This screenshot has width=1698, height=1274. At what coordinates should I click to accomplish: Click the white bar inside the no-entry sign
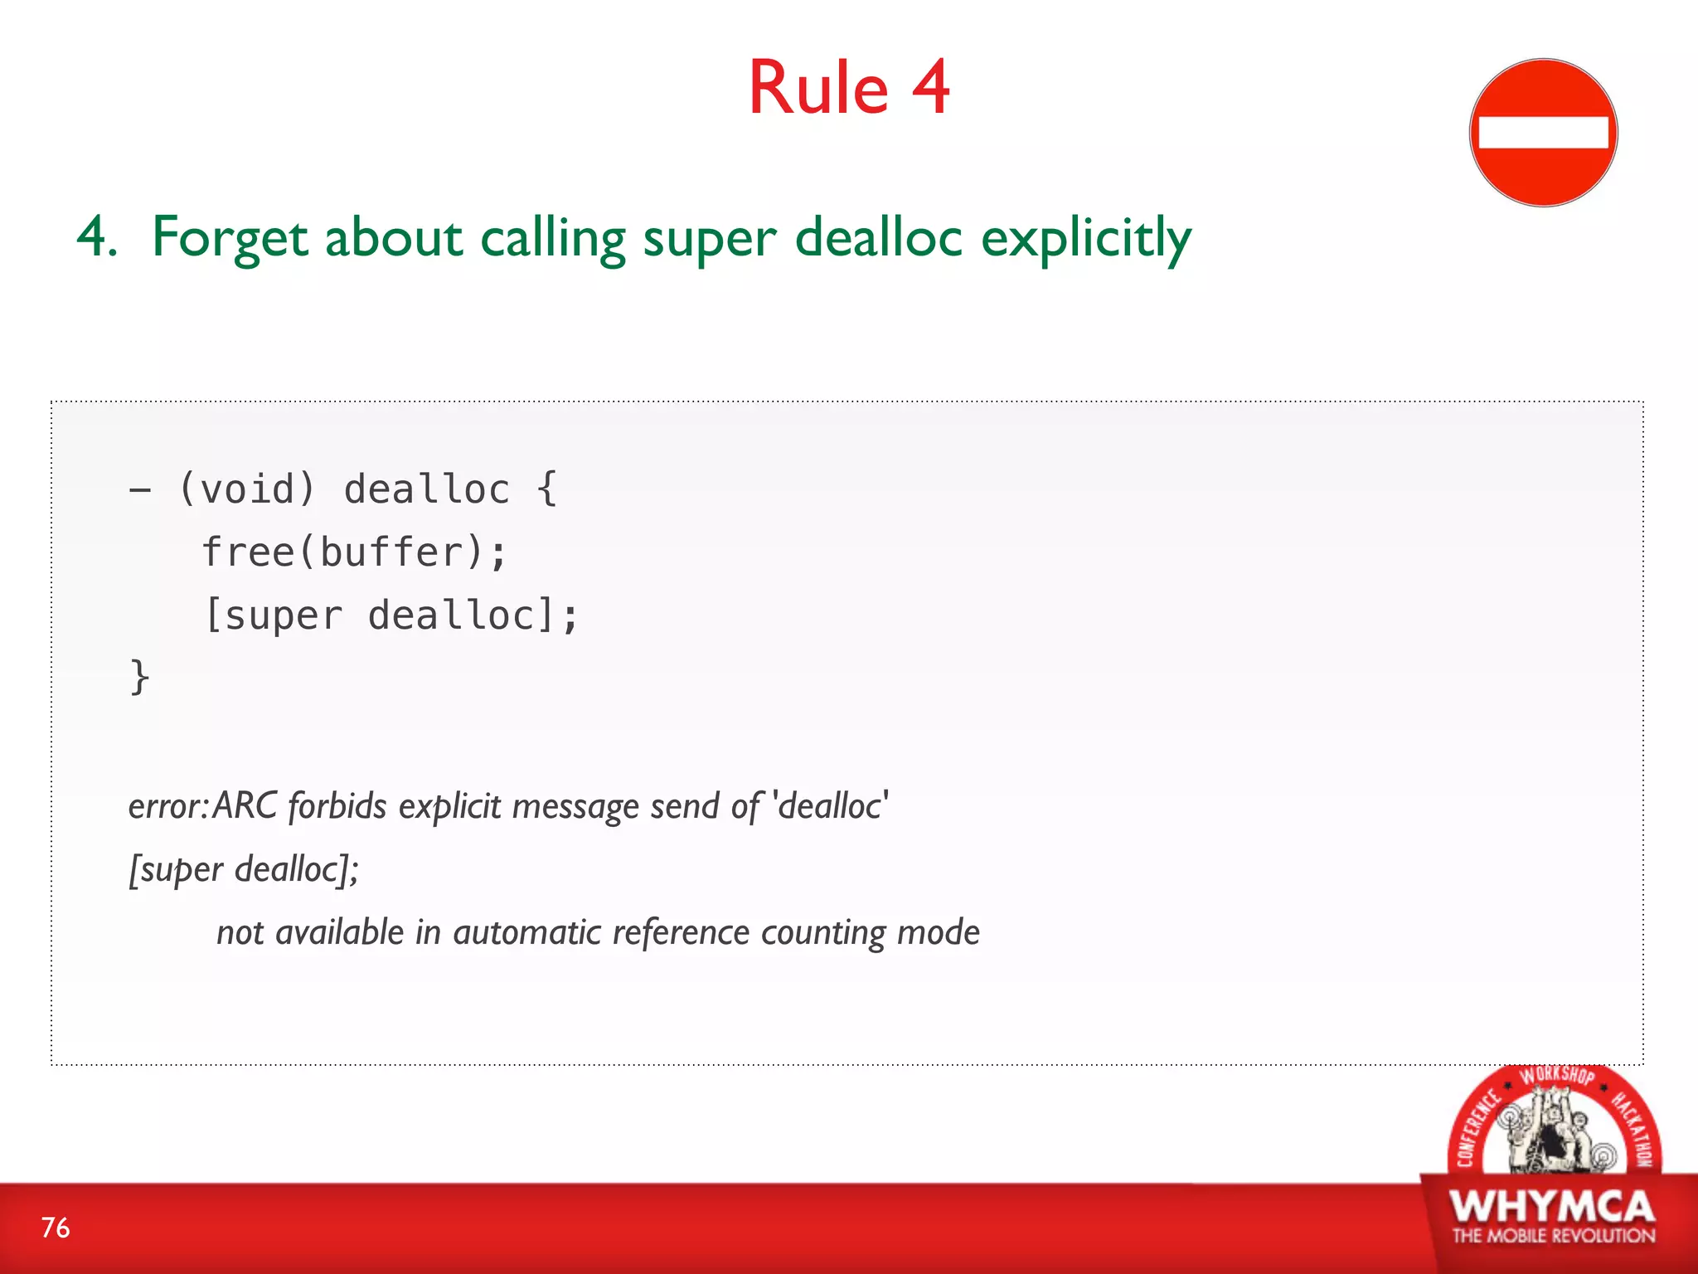coord(1543,133)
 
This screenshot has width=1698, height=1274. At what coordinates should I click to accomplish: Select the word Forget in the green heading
coord(230,238)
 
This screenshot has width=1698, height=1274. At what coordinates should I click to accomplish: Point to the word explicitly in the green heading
coord(1086,238)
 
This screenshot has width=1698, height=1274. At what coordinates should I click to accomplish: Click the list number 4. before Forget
coord(96,238)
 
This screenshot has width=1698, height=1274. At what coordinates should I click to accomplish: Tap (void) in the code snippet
coord(247,489)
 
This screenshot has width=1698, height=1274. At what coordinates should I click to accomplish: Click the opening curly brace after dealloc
coord(546,489)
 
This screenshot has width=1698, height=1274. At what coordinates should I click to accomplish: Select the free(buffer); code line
coord(354,552)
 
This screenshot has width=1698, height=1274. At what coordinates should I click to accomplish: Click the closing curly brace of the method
coord(139,676)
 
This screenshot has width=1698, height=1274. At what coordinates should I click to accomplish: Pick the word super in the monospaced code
coord(283,615)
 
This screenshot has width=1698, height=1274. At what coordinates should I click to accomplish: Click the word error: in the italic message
coord(168,806)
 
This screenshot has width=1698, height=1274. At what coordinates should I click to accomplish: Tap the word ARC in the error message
coord(245,806)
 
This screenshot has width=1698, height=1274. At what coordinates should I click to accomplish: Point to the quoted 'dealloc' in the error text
coord(830,806)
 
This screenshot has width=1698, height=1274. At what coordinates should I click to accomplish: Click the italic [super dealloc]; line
coord(244,869)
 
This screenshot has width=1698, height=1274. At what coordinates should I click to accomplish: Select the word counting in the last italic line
coord(823,932)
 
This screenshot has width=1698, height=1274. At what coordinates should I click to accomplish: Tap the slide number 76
coord(56,1228)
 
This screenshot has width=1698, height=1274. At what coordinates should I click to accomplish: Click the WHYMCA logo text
coord(1552,1207)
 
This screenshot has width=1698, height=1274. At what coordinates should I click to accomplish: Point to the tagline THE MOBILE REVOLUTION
coord(1553,1236)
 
